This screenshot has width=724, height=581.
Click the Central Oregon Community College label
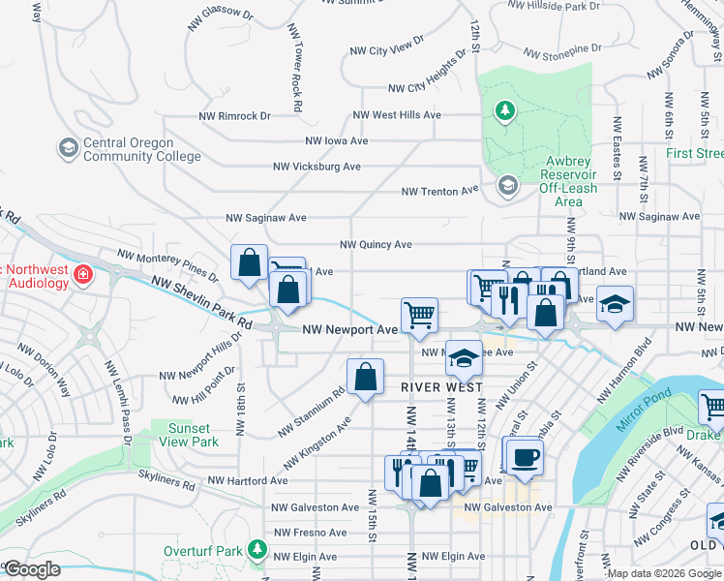pos(142,149)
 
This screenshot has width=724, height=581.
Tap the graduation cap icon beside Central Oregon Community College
pos(68,148)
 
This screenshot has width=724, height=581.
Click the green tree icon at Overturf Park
pos(256,550)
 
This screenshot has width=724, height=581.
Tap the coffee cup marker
pos(524,457)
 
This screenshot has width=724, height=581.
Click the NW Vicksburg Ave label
pos(317,167)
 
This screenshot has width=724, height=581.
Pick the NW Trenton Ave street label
pos(440,191)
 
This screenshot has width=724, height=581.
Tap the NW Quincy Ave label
pos(376,245)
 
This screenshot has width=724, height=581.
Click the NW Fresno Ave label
pos(310,533)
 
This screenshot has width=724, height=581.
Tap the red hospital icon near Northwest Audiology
pos(84,274)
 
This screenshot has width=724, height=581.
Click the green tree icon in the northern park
pos(503,111)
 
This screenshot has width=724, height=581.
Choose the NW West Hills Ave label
pos(397,115)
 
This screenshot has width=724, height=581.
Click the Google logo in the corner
pos(32,569)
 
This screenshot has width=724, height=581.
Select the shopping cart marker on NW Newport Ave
pos(419,315)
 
